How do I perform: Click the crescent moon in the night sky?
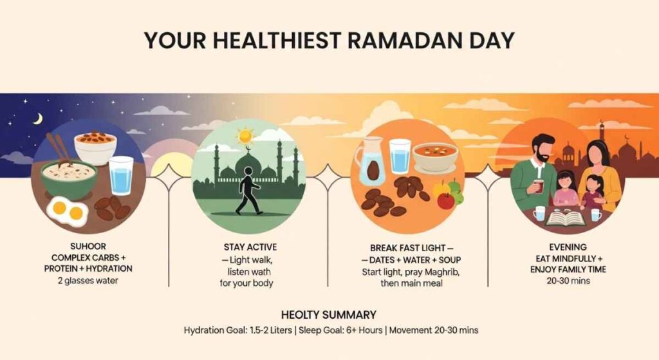tap(39, 119)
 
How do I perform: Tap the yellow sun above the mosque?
tap(245, 136)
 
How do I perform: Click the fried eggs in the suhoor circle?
tap(68, 211)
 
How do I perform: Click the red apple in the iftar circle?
tap(446, 200)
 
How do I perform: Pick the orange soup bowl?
tap(434, 156)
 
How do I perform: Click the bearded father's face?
tap(541, 150)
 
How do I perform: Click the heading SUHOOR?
tap(88, 246)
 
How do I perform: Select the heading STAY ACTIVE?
tap(250, 247)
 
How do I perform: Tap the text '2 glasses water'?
tap(88, 281)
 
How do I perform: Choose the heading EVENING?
tap(568, 247)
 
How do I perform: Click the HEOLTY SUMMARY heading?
tap(329, 314)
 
